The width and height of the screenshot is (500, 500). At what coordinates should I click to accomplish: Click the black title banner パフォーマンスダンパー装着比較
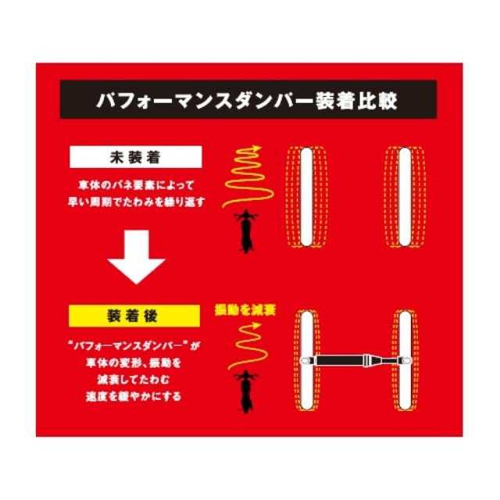pyautogui.click(x=248, y=99)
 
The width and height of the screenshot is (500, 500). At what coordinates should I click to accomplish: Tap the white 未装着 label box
pyautogui.click(x=136, y=157)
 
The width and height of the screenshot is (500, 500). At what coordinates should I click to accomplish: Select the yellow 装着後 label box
pyautogui.click(x=134, y=316)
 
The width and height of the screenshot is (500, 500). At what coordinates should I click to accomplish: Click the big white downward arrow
pyautogui.click(x=136, y=257)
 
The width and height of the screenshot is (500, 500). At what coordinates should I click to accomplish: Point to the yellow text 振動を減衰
pyautogui.click(x=245, y=310)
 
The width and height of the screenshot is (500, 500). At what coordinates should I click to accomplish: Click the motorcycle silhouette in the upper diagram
pyautogui.click(x=246, y=231)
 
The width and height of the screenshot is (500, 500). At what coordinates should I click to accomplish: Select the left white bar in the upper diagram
pyautogui.click(x=306, y=197)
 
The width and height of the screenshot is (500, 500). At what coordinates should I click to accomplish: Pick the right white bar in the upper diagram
pyautogui.click(x=405, y=197)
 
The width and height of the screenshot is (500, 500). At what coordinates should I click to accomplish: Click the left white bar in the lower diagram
pyautogui.click(x=306, y=360)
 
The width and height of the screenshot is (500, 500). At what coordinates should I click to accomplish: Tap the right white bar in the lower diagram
pyautogui.click(x=405, y=360)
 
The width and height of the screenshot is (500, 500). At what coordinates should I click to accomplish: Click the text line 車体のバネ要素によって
pyautogui.click(x=136, y=185)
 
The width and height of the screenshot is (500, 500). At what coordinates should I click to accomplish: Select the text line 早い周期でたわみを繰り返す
pyautogui.click(x=136, y=202)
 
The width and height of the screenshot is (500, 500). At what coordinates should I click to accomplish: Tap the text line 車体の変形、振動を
pyautogui.click(x=134, y=362)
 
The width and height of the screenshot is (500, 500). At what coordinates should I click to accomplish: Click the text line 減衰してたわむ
pyautogui.click(x=134, y=380)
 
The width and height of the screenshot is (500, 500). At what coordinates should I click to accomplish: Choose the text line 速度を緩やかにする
pyautogui.click(x=134, y=396)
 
